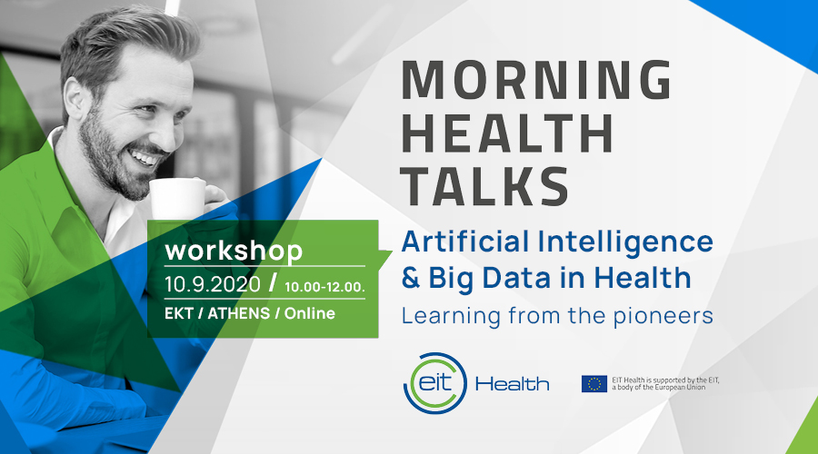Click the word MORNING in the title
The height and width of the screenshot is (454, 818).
536,80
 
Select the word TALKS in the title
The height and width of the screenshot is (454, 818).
484,186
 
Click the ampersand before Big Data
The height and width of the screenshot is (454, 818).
411,278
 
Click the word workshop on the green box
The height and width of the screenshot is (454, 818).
234,252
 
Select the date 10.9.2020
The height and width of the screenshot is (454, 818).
213,284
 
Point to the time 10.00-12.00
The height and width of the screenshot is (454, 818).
324,287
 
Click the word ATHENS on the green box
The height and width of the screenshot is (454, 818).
239,313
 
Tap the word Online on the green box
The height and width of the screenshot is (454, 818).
309,313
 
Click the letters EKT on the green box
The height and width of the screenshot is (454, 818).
179,313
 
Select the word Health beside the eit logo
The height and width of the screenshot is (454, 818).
513,385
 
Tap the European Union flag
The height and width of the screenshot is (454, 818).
594,384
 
